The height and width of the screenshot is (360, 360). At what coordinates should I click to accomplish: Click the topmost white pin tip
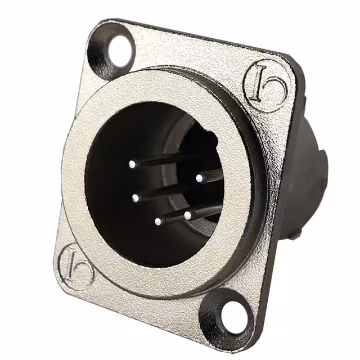[132, 165]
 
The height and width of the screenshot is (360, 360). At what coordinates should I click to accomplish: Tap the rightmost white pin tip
[199, 178]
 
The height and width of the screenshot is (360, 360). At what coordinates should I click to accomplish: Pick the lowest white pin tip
[159, 222]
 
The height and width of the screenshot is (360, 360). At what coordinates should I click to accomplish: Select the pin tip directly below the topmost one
[136, 197]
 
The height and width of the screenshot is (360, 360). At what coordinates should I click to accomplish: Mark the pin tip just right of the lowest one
[187, 215]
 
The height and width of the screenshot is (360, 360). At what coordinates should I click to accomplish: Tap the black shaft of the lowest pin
[174, 217]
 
